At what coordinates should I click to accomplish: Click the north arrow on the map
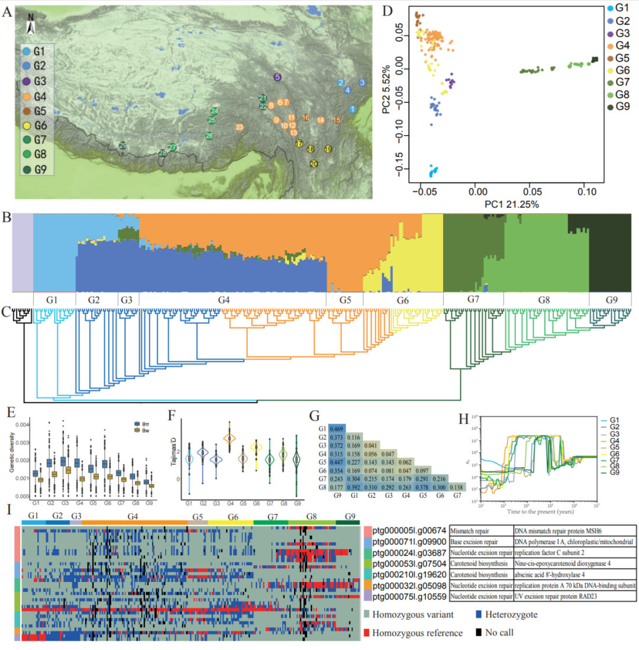point(33,26)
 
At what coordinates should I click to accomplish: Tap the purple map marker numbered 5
point(277,77)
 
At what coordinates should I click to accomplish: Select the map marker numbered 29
point(122,145)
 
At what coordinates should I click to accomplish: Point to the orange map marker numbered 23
point(239,127)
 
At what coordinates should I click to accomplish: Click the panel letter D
point(388,10)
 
